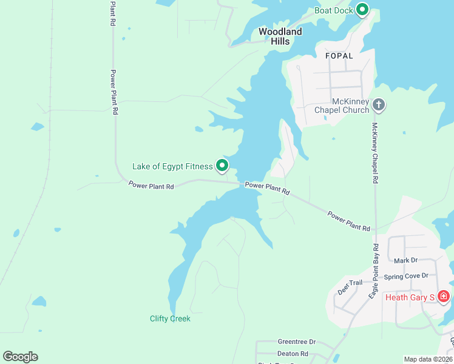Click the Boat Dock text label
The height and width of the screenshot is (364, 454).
(x=333, y=10)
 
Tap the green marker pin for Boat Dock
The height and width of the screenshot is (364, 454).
(x=362, y=9)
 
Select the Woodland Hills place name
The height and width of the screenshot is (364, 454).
(x=280, y=36)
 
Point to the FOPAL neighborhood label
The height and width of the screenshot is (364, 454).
(x=339, y=56)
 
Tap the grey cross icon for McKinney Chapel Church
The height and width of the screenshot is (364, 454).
(x=379, y=106)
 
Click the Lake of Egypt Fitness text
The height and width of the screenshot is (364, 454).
(x=172, y=166)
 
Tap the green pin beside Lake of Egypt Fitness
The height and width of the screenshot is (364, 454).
(x=222, y=165)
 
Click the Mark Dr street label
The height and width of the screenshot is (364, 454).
(x=406, y=260)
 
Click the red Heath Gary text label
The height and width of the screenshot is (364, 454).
(x=410, y=297)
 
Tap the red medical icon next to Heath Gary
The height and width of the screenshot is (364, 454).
(x=444, y=296)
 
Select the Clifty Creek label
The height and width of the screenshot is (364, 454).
(x=170, y=318)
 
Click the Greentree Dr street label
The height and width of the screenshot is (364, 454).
(x=297, y=342)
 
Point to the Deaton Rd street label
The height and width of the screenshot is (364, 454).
(x=293, y=354)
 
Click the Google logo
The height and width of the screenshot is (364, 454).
(x=20, y=357)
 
